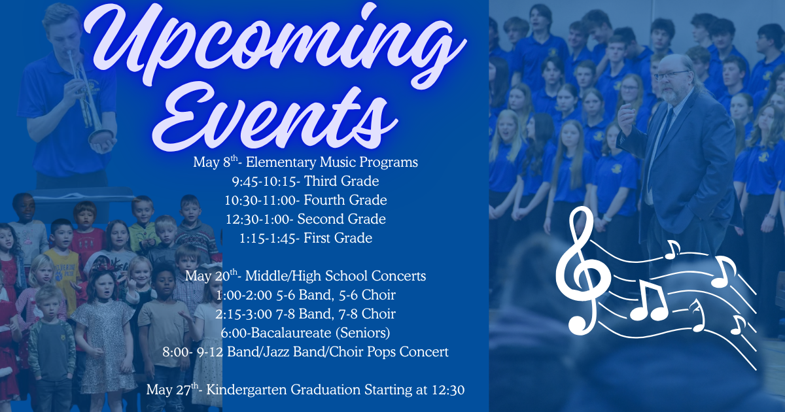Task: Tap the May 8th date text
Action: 213,162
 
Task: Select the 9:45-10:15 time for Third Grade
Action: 267,180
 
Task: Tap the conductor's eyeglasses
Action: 672,75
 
